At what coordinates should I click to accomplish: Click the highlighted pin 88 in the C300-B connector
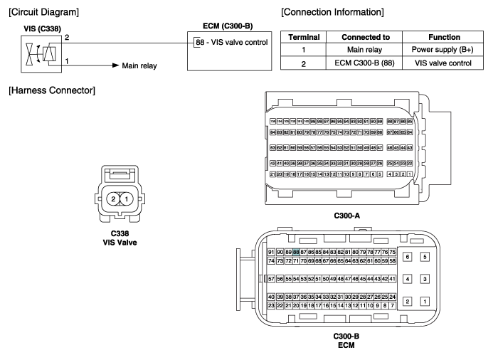(296, 253)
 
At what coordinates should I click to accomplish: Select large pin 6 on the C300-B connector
(407, 256)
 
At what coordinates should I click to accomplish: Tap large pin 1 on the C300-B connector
(425, 301)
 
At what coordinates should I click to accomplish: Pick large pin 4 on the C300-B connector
(407, 279)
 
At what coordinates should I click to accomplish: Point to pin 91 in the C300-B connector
(271, 253)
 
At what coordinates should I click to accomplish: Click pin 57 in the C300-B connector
(271, 279)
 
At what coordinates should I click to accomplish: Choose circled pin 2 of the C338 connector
(113, 198)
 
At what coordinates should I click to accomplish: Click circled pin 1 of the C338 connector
(126, 198)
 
